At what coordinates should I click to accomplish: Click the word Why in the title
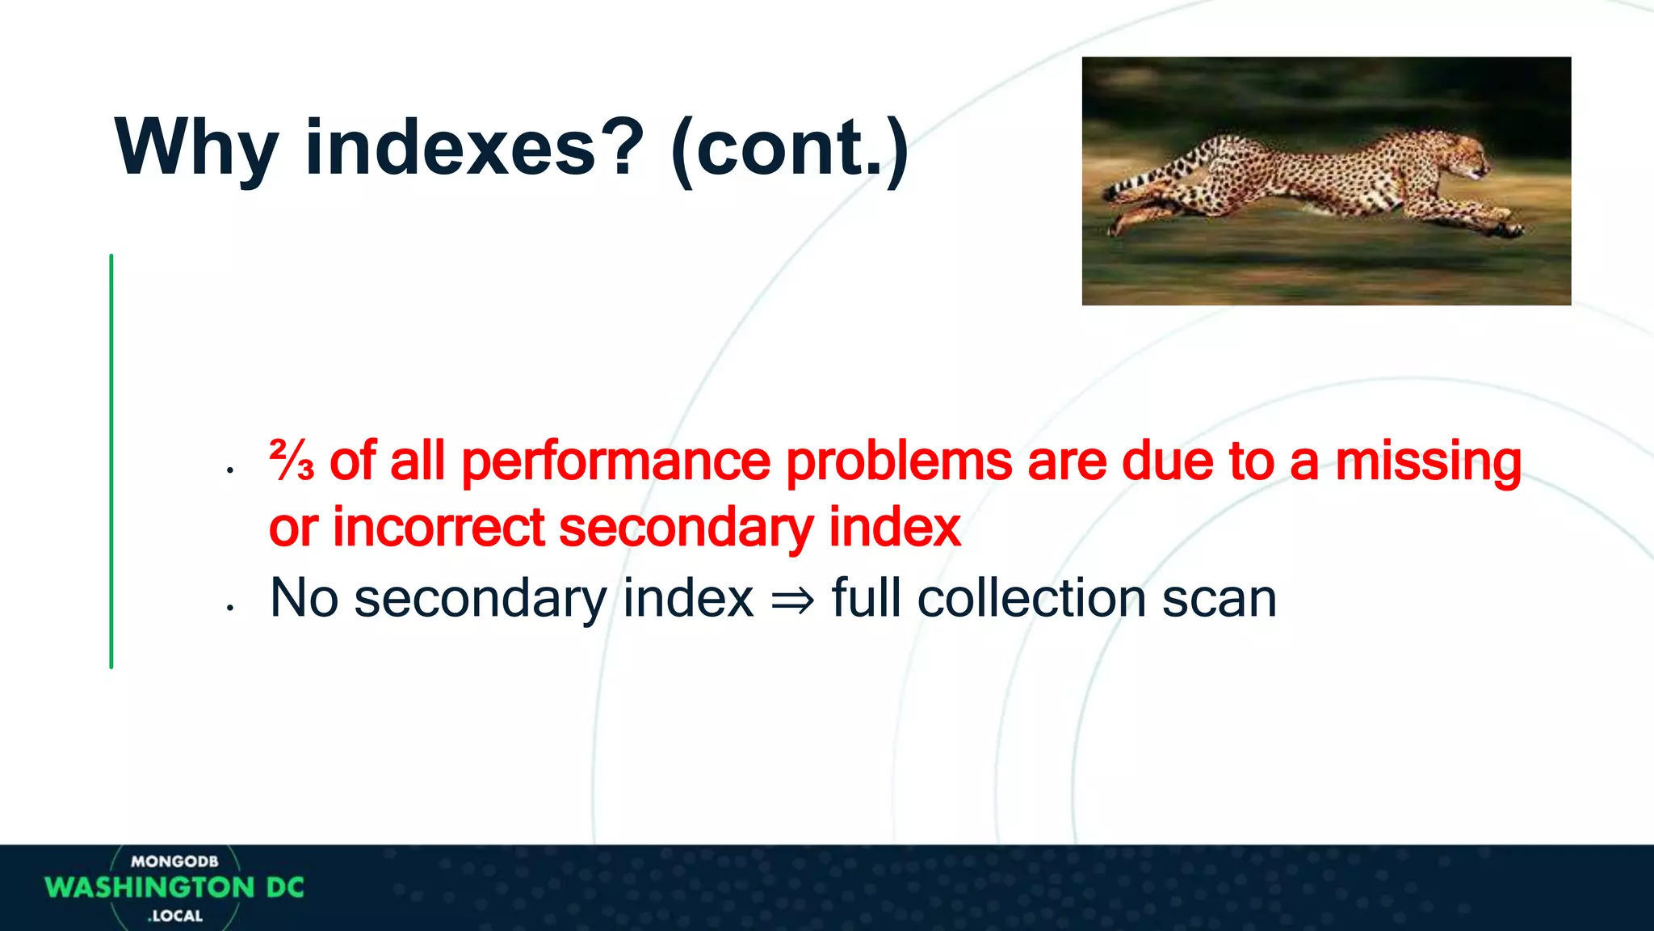pos(196,149)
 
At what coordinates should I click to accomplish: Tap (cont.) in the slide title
pos(790,149)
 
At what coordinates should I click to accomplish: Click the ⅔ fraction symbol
pos(292,461)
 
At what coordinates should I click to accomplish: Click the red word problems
pos(898,461)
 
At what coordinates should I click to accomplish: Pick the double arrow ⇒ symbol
pos(792,600)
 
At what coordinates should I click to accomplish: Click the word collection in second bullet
pos(1031,599)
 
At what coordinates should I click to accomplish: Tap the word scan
pos(1219,600)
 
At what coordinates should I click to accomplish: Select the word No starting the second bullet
pos(304,599)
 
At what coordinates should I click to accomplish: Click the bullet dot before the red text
pos(230,470)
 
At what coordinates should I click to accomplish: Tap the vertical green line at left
pos(111,461)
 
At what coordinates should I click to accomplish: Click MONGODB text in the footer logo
pos(174,861)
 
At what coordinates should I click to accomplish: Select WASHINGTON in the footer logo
pos(150,887)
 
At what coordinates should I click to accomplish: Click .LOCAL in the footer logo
pos(175,916)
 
